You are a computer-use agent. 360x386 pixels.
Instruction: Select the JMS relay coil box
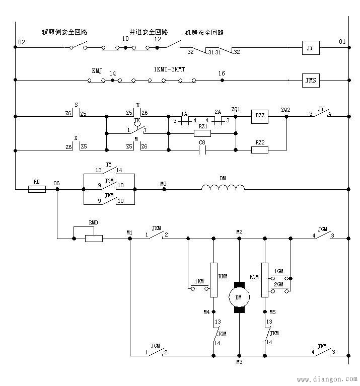pos(310,80)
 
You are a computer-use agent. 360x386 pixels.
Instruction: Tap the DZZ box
pos(260,117)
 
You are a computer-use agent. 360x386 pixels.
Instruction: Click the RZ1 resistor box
pos(202,133)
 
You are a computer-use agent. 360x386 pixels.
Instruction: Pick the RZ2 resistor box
pos(260,149)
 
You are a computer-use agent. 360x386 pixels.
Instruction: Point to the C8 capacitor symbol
pos(202,150)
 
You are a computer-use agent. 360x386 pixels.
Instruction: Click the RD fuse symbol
pos(36,189)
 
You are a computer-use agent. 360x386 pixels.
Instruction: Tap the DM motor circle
pos(239,297)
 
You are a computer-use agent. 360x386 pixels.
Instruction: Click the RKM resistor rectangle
pos(213,279)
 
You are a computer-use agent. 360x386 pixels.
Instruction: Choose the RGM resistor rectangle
pos(264,279)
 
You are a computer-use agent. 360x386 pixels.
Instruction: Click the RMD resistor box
pos(94,238)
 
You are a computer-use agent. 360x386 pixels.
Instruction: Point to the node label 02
pos(21,42)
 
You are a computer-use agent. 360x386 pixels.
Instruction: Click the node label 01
pos(342,42)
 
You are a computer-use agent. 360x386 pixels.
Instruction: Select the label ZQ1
pos(236,109)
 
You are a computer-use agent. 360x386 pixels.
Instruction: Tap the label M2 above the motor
pos(240,231)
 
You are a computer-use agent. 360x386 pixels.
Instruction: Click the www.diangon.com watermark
pos(327,379)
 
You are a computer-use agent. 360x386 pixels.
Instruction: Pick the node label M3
pos(239,362)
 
